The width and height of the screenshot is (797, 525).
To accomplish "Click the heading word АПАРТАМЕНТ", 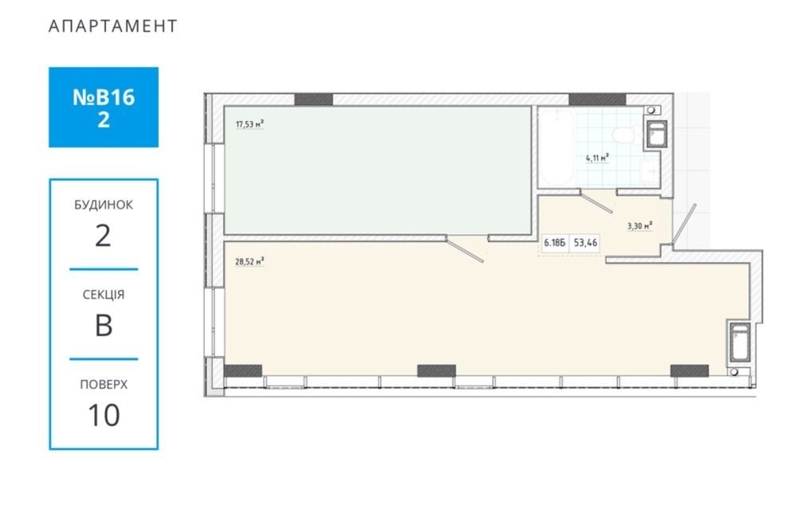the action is (113, 26).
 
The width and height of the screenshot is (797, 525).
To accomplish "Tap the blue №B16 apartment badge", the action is (104, 108).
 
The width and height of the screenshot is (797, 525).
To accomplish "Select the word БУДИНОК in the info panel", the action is (104, 205).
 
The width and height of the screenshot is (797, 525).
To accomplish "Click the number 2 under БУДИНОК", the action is (103, 236).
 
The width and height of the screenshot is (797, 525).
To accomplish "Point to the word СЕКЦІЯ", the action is (104, 295).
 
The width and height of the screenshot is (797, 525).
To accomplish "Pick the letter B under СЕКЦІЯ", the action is (104, 325).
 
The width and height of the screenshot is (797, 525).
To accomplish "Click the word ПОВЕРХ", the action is (104, 385).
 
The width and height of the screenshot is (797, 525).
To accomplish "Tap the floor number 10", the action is (104, 415).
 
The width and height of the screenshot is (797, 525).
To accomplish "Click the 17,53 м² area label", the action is (249, 124).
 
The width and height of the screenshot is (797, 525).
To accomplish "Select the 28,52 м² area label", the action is (249, 262).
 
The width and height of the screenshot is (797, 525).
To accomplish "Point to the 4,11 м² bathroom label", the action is (597, 158).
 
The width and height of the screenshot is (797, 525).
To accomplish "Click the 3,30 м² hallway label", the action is (639, 226).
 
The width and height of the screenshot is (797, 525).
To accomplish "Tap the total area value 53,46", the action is (586, 243).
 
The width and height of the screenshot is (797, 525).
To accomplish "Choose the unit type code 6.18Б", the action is (555, 243).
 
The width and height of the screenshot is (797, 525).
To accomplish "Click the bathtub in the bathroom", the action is (556, 147).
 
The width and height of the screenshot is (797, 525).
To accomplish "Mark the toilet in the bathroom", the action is (624, 135).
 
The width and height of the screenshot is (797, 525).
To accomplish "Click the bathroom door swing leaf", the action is (596, 202).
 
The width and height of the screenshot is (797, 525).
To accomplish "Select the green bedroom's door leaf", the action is (465, 251).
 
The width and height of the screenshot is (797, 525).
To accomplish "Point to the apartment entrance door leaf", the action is (684, 225).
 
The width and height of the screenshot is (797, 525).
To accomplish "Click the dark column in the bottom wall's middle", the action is (437, 371).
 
